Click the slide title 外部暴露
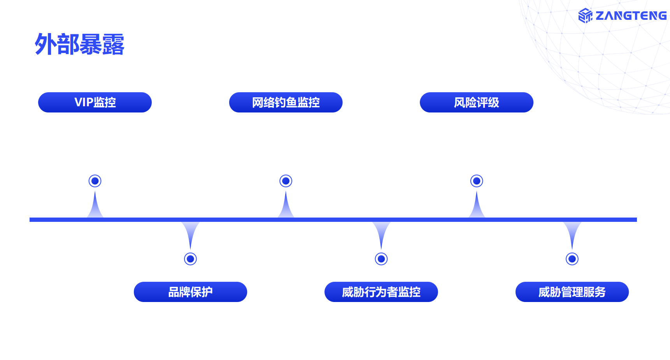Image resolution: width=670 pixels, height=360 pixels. (x=79, y=44)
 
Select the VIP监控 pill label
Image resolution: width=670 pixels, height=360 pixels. (x=95, y=102)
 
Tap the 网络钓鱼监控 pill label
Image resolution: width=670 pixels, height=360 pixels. (x=286, y=102)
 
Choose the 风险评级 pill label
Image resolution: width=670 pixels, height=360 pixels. (x=476, y=102)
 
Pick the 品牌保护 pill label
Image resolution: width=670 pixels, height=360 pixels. (x=190, y=292)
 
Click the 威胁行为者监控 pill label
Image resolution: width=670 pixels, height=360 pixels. (x=381, y=292)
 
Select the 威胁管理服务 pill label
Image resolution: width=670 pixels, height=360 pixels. (x=572, y=292)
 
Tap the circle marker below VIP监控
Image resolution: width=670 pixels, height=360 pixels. (x=95, y=181)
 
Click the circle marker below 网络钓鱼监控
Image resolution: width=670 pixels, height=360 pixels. (x=286, y=181)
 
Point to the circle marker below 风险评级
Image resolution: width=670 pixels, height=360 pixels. (x=477, y=181)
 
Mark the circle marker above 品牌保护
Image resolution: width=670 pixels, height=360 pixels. (x=190, y=259)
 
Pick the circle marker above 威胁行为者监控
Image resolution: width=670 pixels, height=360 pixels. (x=381, y=259)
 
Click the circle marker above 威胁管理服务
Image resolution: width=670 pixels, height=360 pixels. (x=572, y=259)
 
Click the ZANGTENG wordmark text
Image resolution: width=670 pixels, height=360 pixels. (x=631, y=16)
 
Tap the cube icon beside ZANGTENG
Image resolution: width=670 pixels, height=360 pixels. (x=585, y=16)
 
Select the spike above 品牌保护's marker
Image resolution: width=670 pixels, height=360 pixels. (x=190, y=232)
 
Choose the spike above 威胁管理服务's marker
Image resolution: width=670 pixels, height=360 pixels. (x=572, y=232)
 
